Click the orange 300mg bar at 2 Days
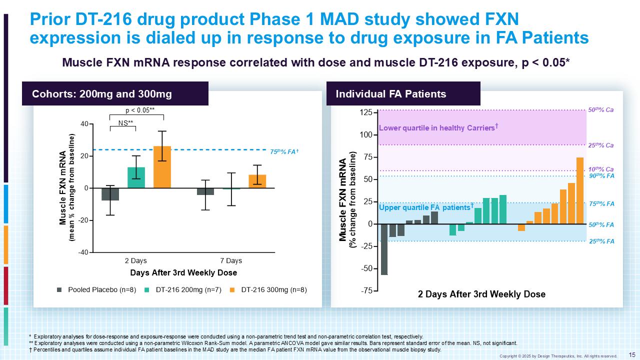(x=162, y=167)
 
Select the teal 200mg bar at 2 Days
(x=136, y=177)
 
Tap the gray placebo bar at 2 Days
(x=110, y=194)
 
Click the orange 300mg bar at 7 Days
(x=257, y=181)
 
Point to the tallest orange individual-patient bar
(x=580, y=190)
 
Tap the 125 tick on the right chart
(x=366, y=112)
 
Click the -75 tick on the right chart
(x=367, y=290)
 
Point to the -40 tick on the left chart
(x=83, y=252)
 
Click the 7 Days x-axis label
(x=231, y=261)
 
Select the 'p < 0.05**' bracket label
(x=139, y=110)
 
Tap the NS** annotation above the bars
(x=125, y=122)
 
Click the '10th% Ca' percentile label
(x=600, y=169)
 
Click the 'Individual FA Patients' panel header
(x=390, y=94)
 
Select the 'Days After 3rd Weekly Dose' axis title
(x=183, y=273)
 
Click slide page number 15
(x=631, y=354)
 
